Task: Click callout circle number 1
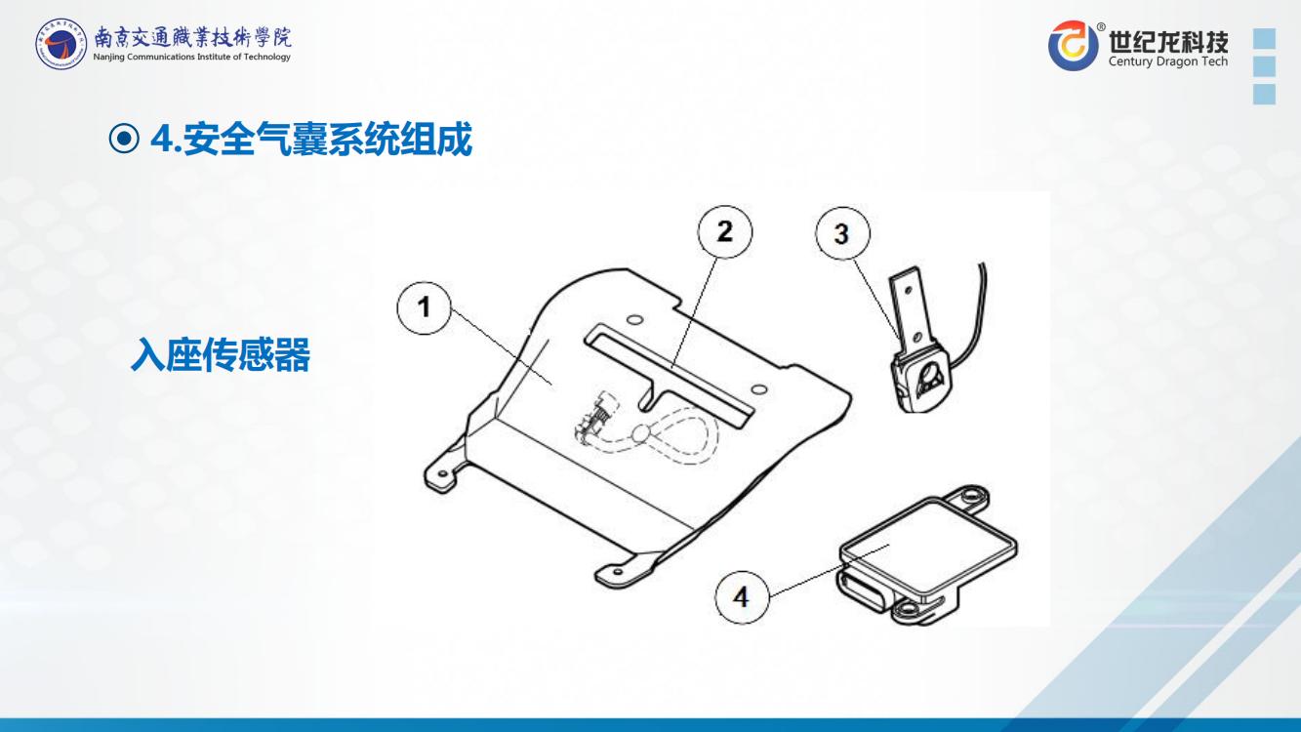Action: click(424, 307)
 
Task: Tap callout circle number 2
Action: click(724, 232)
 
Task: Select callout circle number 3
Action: click(842, 233)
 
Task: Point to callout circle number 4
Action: click(742, 597)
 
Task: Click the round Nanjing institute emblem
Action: click(61, 43)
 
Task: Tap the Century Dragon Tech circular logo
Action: click(1074, 45)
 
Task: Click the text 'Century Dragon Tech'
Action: click(1168, 61)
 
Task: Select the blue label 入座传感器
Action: click(221, 354)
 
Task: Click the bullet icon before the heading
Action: click(124, 139)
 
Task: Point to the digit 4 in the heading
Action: click(162, 139)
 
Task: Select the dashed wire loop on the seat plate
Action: click(676, 438)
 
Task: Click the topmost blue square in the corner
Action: click(1265, 38)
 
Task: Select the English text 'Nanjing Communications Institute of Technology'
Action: click(191, 57)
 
